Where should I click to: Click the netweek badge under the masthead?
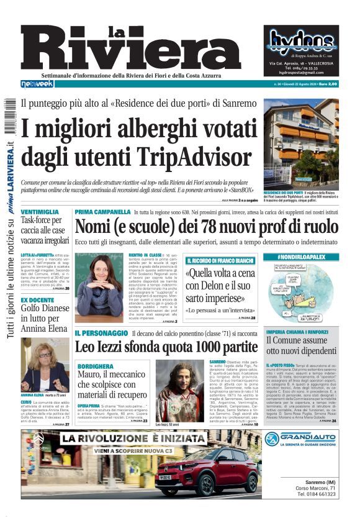coord(37,84)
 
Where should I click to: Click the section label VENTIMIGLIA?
coord(40,212)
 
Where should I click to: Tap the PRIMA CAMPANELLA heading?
coord(102,212)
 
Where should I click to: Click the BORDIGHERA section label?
coord(97,365)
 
